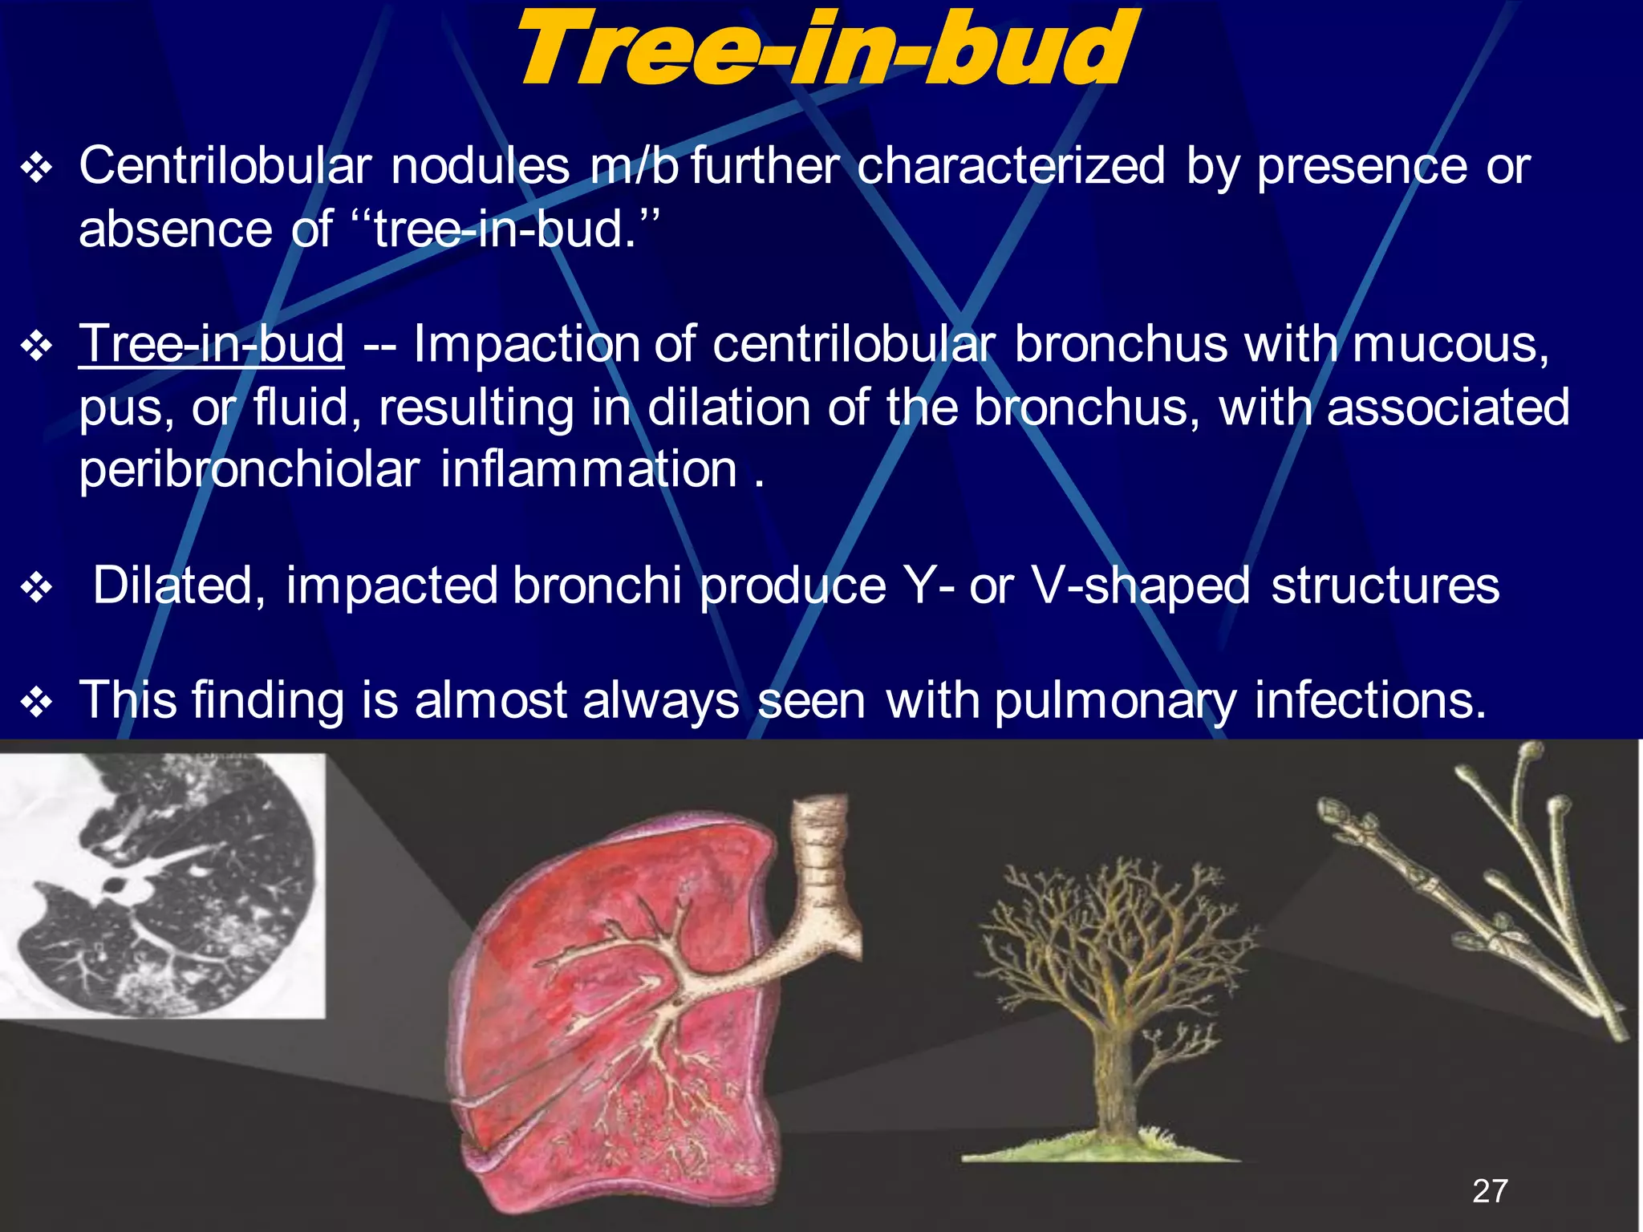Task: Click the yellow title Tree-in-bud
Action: click(x=825, y=50)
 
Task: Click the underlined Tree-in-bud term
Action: click(x=212, y=344)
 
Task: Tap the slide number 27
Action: click(x=1490, y=1190)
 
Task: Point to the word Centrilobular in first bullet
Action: click(x=225, y=166)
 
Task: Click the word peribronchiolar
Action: click(x=249, y=469)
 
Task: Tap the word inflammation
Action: click(x=588, y=469)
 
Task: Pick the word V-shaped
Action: click(x=1140, y=586)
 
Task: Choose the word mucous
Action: click(x=1450, y=344)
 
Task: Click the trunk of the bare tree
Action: click(x=1111, y=1075)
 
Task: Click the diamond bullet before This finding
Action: click(x=37, y=703)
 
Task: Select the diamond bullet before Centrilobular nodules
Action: click(x=37, y=168)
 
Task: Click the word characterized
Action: click(x=1011, y=166)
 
